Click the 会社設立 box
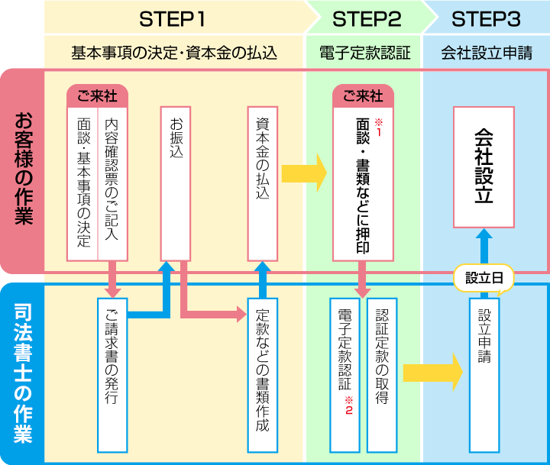[x=484, y=166]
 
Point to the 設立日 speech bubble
[x=484, y=279]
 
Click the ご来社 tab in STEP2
[x=363, y=96]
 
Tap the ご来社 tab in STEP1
[x=98, y=96]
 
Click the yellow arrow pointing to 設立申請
[x=432, y=372]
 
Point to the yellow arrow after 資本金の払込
[x=304, y=173]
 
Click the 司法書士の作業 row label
[x=22, y=373]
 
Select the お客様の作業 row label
[x=22, y=170]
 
